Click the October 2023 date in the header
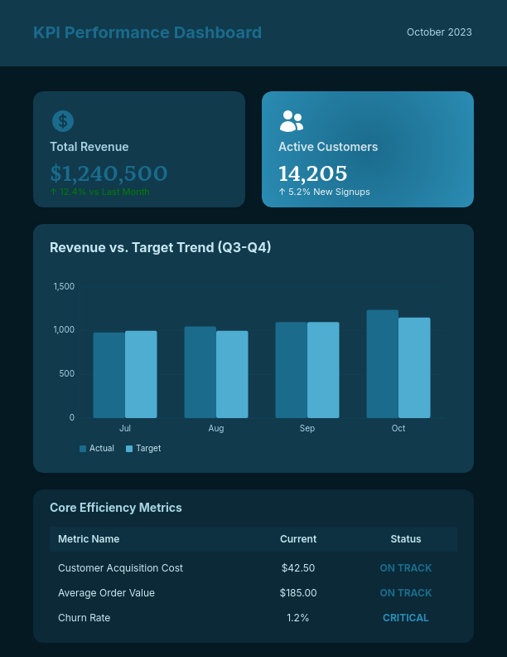439,32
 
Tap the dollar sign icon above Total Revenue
63,121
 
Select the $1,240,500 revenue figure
109,173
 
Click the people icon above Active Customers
291,121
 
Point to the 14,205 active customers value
312,173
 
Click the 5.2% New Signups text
324,192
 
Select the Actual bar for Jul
109,375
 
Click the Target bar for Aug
232,374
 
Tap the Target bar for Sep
323,370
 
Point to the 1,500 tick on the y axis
64,286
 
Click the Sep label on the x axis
307,429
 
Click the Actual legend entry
97,449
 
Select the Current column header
298,539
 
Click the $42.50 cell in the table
298,568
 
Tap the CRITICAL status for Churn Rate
406,618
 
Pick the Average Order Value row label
106,593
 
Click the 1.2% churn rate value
298,618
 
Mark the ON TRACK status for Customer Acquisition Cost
406,568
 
